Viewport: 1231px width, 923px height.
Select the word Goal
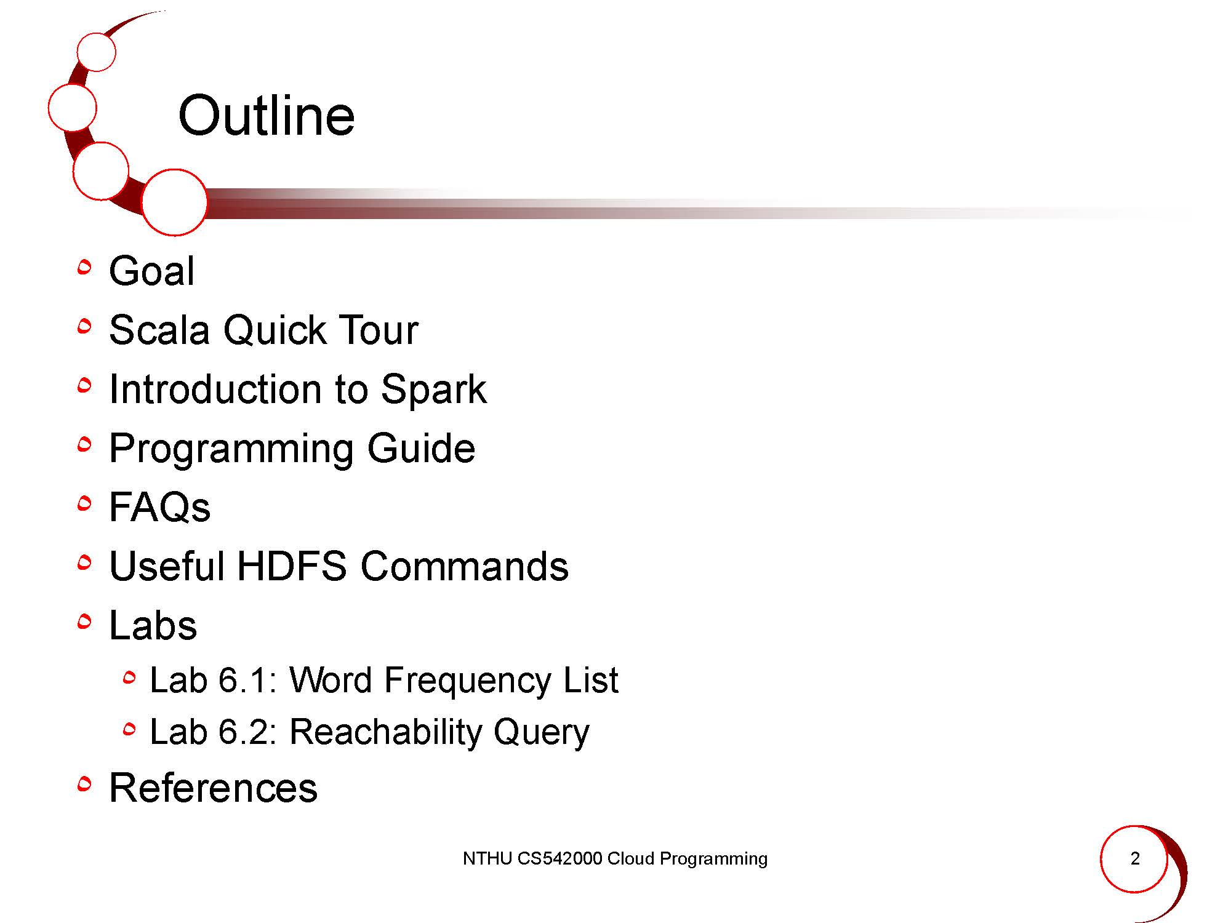click(151, 271)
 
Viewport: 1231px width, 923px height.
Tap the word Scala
click(159, 330)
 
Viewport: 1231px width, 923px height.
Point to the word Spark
click(433, 390)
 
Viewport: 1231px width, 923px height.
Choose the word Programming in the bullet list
click(231, 449)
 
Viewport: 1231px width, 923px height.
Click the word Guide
click(421, 448)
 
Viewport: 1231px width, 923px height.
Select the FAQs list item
click(159, 507)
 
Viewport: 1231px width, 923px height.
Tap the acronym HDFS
click(292, 566)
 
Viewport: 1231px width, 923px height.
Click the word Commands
click(465, 566)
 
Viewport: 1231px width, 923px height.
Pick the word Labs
click(153, 625)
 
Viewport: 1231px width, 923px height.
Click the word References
click(213, 788)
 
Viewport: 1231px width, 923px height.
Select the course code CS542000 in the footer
click(559, 858)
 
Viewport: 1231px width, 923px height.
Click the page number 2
click(1135, 858)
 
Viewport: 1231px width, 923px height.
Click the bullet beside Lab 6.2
click(129, 730)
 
